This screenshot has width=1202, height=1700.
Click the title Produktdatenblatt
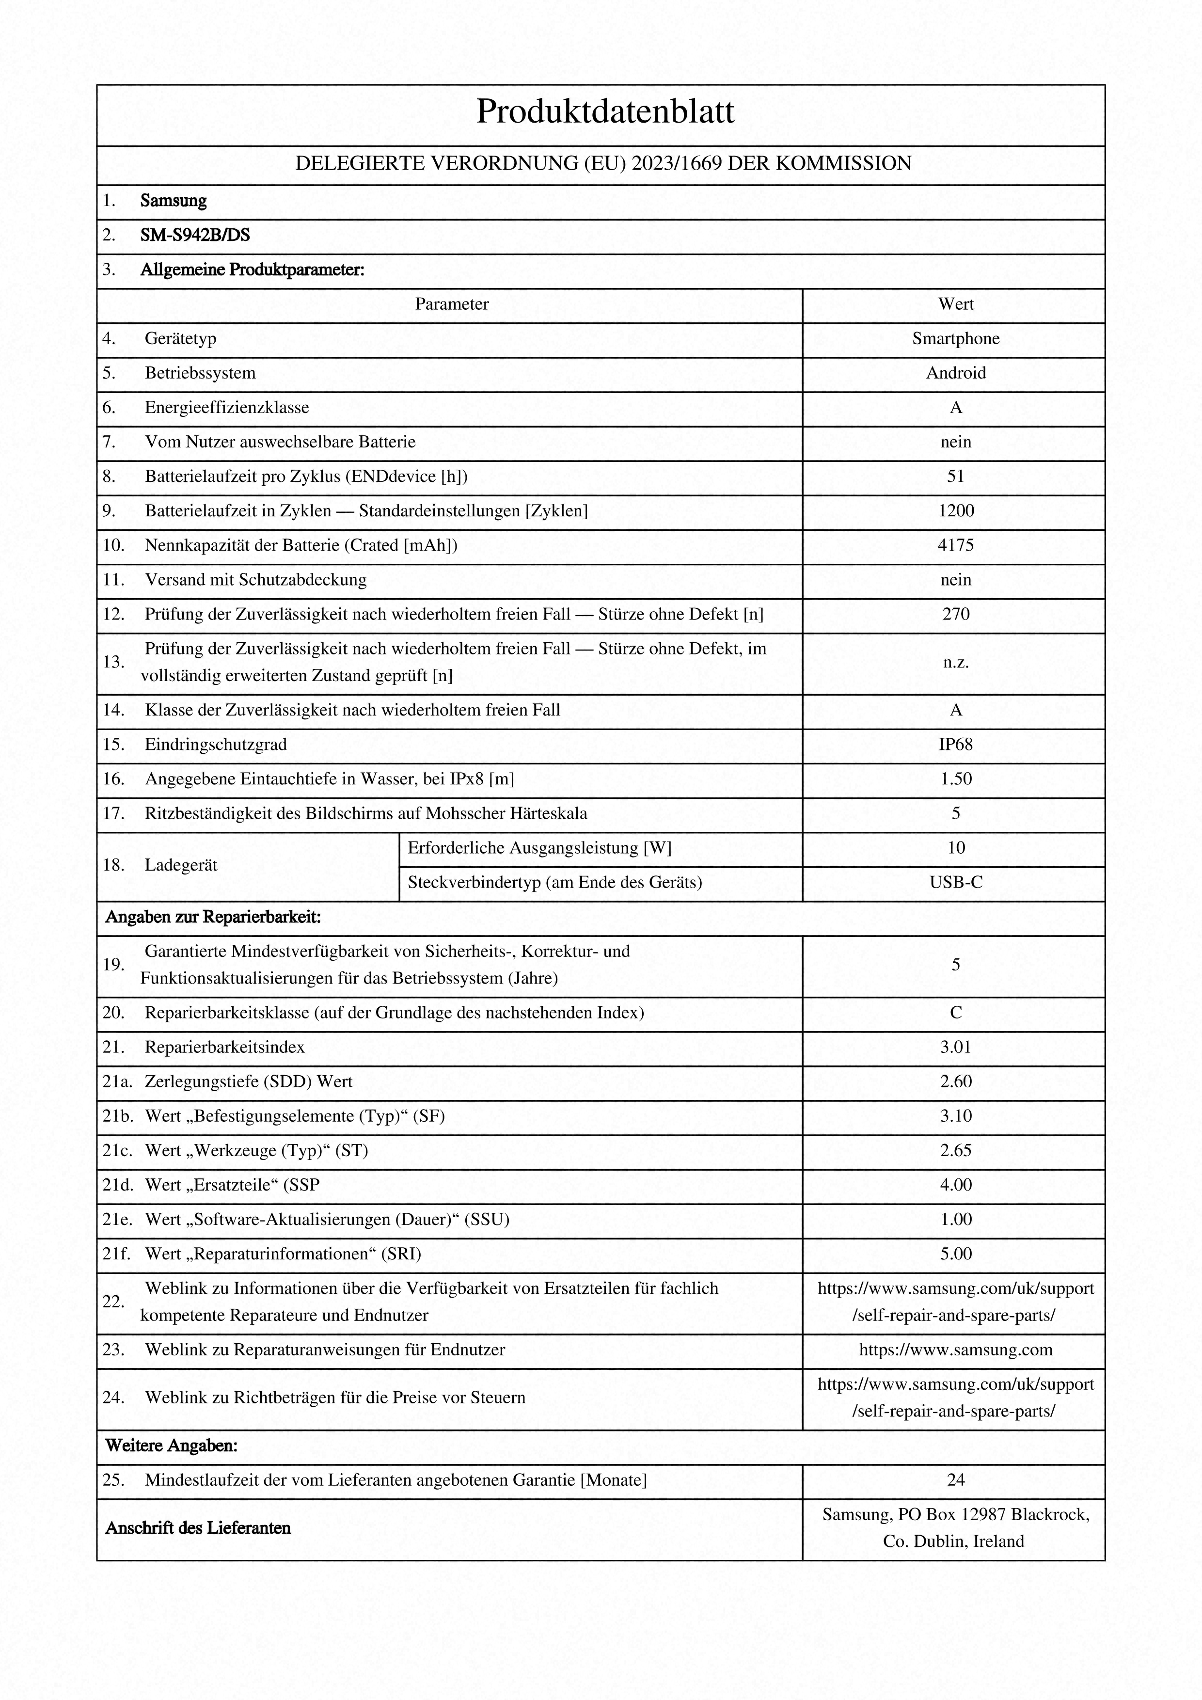click(x=605, y=112)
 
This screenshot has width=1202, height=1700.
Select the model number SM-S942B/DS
click(x=195, y=236)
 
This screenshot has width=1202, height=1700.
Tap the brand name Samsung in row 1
click(x=173, y=201)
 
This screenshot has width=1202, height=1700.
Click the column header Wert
click(x=955, y=304)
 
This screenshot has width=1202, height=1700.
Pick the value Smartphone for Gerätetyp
click(x=955, y=339)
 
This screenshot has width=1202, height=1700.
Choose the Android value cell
click(x=955, y=373)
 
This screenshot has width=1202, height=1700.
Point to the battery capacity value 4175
click(x=955, y=546)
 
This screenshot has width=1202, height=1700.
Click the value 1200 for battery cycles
click(x=955, y=511)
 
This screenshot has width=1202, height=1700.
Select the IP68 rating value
click(x=955, y=745)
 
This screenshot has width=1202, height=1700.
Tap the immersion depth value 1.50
click(x=955, y=779)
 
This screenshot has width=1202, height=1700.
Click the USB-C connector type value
click(x=955, y=883)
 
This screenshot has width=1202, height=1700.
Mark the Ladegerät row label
click(x=181, y=866)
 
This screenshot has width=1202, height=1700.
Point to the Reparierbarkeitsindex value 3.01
click(x=955, y=1048)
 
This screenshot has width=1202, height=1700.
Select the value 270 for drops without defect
click(x=955, y=615)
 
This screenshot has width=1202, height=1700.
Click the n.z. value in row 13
click(x=955, y=663)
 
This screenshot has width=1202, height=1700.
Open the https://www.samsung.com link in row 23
click(x=955, y=1350)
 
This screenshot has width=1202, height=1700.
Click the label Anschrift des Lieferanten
click(x=198, y=1528)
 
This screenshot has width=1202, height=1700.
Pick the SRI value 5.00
click(x=955, y=1254)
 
